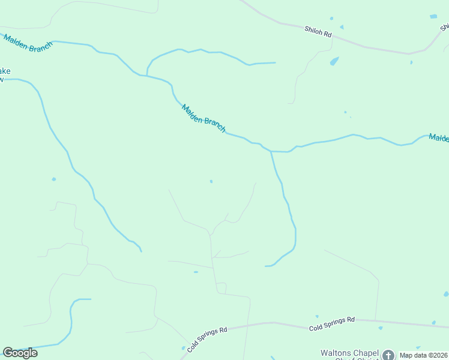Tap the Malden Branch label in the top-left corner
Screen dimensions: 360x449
pyautogui.click(x=28, y=43)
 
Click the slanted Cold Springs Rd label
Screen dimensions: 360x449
pyautogui.click(x=207, y=339)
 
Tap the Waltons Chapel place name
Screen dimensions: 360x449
pyautogui.click(x=348, y=353)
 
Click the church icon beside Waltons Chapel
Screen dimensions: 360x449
pyautogui.click(x=388, y=355)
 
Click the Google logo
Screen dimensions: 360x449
pyautogui.click(x=20, y=353)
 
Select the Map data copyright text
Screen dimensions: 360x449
pyautogui.click(x=423, y=355)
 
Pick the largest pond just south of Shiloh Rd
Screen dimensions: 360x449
pyautogui.click(x=334, y=61)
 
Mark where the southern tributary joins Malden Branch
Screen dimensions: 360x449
pyautogui.click(x=271, y=151)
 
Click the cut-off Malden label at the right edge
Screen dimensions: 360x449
pyautogui.click(x=439, y=139)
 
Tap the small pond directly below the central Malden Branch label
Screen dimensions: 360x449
pyautogui.click(x=211, y=181)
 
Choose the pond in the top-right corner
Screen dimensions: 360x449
pyautogui.click(x=433, y=16)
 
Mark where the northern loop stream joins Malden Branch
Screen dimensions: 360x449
pyautogui.click(x=147, y=76)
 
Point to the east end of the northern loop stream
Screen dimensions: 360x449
pyautogui.click(x=275, y=62)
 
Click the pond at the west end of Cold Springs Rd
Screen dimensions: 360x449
pyautogui.click(x=184, y=347)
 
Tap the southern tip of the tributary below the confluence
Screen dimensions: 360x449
pyautogui.click(x=266, y=266)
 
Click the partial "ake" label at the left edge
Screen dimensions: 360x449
pyautogui.click(x=5, y=71)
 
